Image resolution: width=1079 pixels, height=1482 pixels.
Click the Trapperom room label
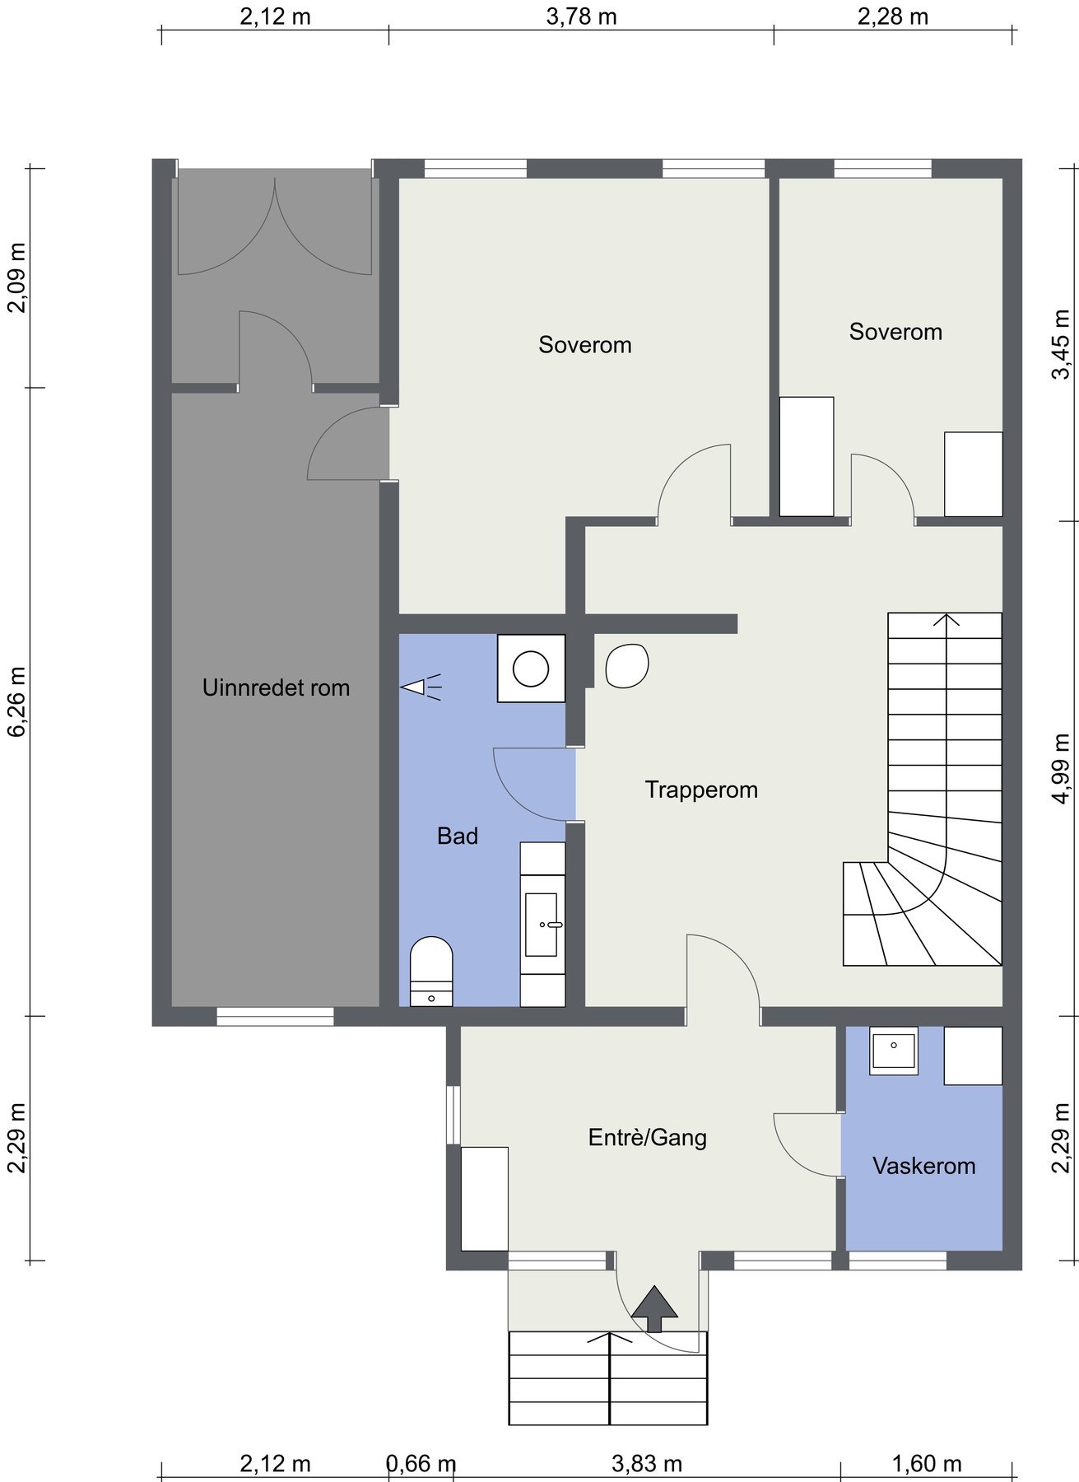pyautogui.click(x=701, y=790)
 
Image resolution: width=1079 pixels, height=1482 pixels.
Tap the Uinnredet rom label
pyautogui.click(x=277, y=687)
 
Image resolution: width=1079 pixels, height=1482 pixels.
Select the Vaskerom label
pyautogui.click(x=924, y=1166)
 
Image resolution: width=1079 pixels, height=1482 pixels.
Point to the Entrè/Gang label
pyautogui.click(x=648, y=1138)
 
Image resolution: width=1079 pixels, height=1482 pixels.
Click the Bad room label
pyautogui.click(x=458, y=837)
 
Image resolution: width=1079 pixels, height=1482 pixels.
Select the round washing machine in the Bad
pyautogui.click(x=531, y=668)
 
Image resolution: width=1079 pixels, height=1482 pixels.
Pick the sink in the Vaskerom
pyautogui.click(x=894, y=1051)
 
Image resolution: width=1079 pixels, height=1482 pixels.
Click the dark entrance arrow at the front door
pyautogui.click(x=654, y=1308)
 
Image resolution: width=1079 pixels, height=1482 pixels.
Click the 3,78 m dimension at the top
pyautogui.click(x=581, y=16)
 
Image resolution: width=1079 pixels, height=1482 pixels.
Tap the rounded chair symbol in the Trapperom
pyautogui.click(x=627, y=665)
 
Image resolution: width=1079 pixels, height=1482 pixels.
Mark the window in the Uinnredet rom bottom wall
pyautogui.click(x=276, y=1016)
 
